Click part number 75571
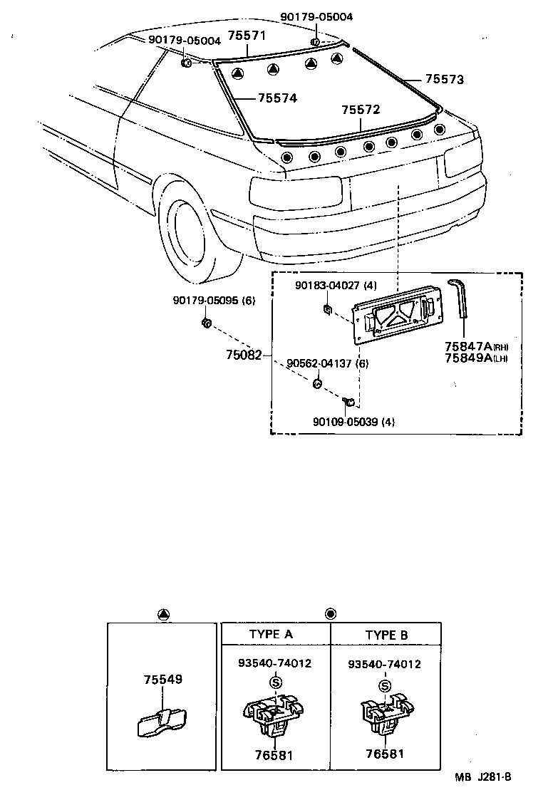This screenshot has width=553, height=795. (246, 36)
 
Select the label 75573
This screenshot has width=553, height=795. (445, 80)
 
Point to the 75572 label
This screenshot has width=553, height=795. (361, 110)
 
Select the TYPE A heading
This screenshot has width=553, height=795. (271, 635)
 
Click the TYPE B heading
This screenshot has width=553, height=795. (387, 635)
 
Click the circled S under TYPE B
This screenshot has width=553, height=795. (385, 686)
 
